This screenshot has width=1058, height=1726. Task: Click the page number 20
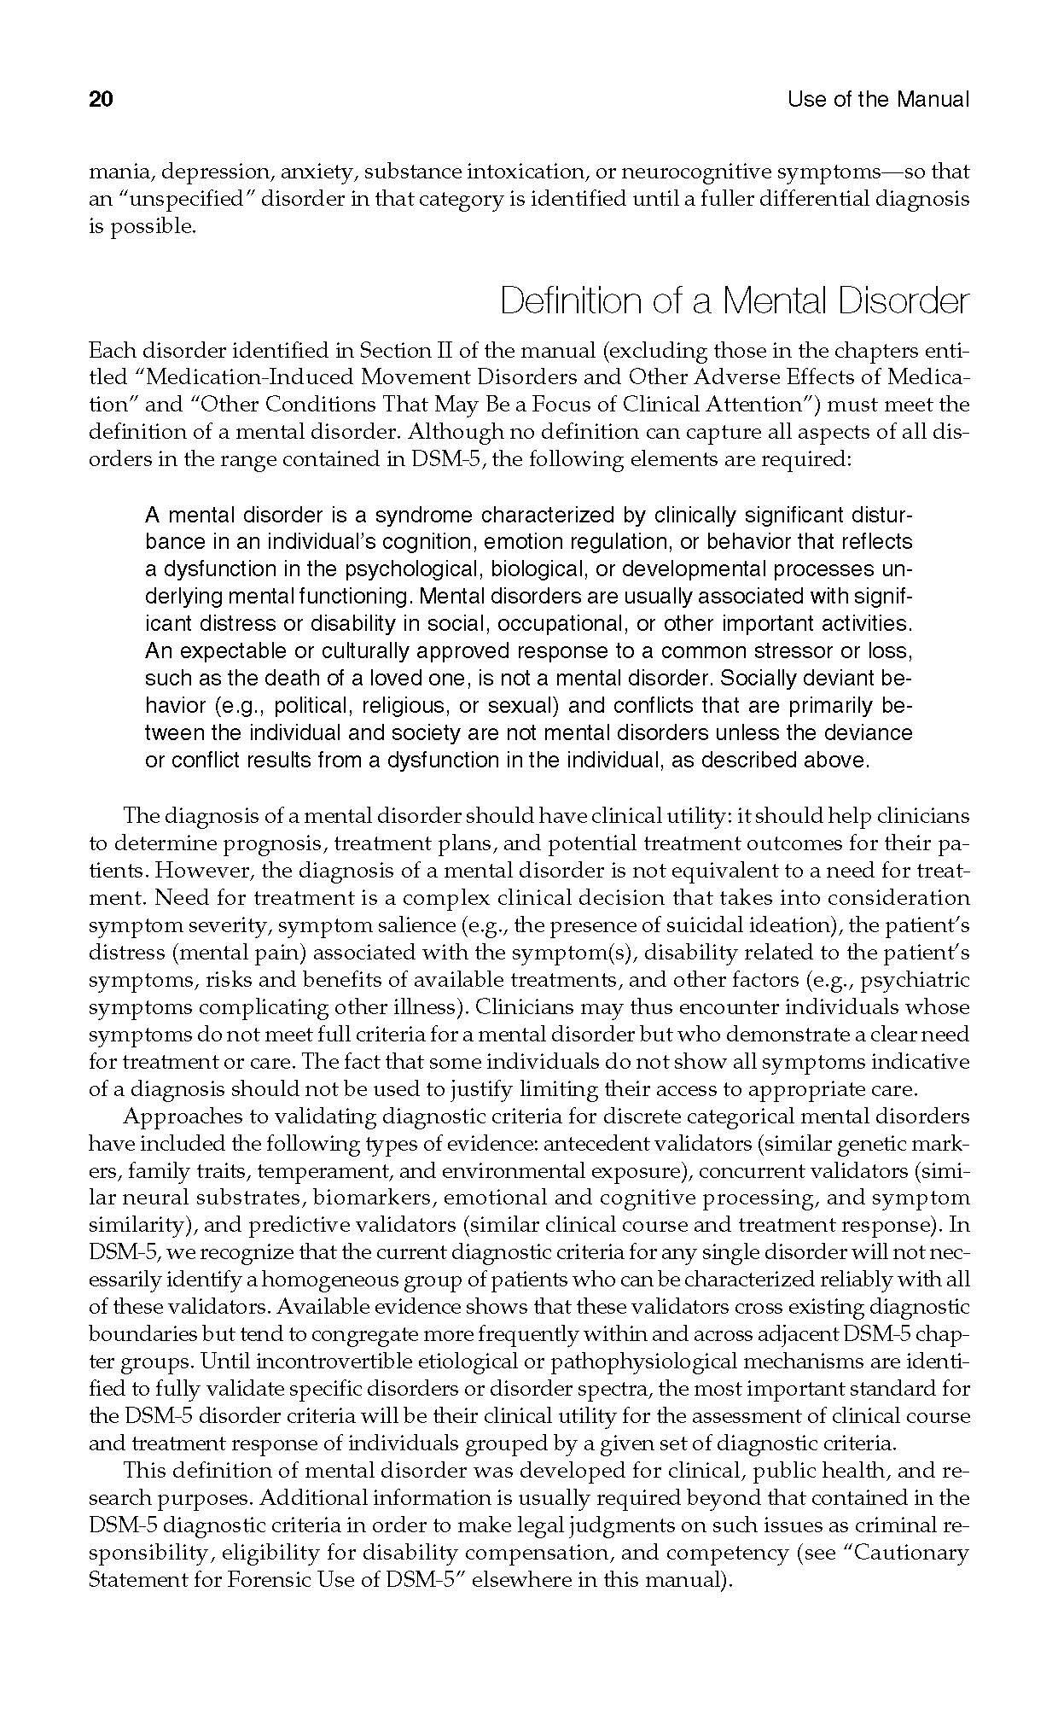101,100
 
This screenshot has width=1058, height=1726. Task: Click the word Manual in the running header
933,100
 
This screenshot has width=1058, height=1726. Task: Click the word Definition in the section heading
567,301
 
